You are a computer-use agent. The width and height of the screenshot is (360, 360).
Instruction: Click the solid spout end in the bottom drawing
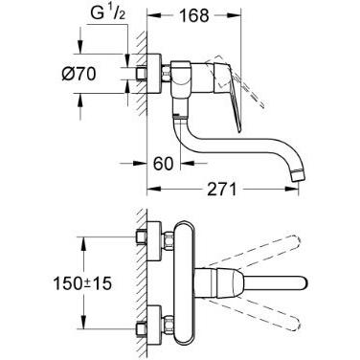pyautogui.click(x=278, y=285)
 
